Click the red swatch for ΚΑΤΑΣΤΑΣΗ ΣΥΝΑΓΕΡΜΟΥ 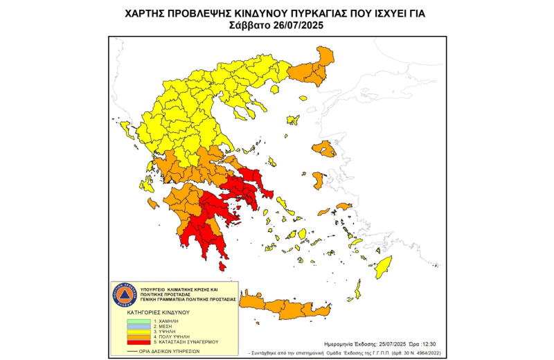140,341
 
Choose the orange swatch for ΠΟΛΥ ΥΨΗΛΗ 140,336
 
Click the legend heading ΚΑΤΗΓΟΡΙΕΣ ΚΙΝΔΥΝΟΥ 159,312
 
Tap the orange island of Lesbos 323,147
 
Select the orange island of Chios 318,181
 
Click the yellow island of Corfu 127,129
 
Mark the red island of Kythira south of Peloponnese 222,266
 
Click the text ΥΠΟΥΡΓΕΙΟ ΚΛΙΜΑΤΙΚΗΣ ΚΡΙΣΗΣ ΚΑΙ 179,289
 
